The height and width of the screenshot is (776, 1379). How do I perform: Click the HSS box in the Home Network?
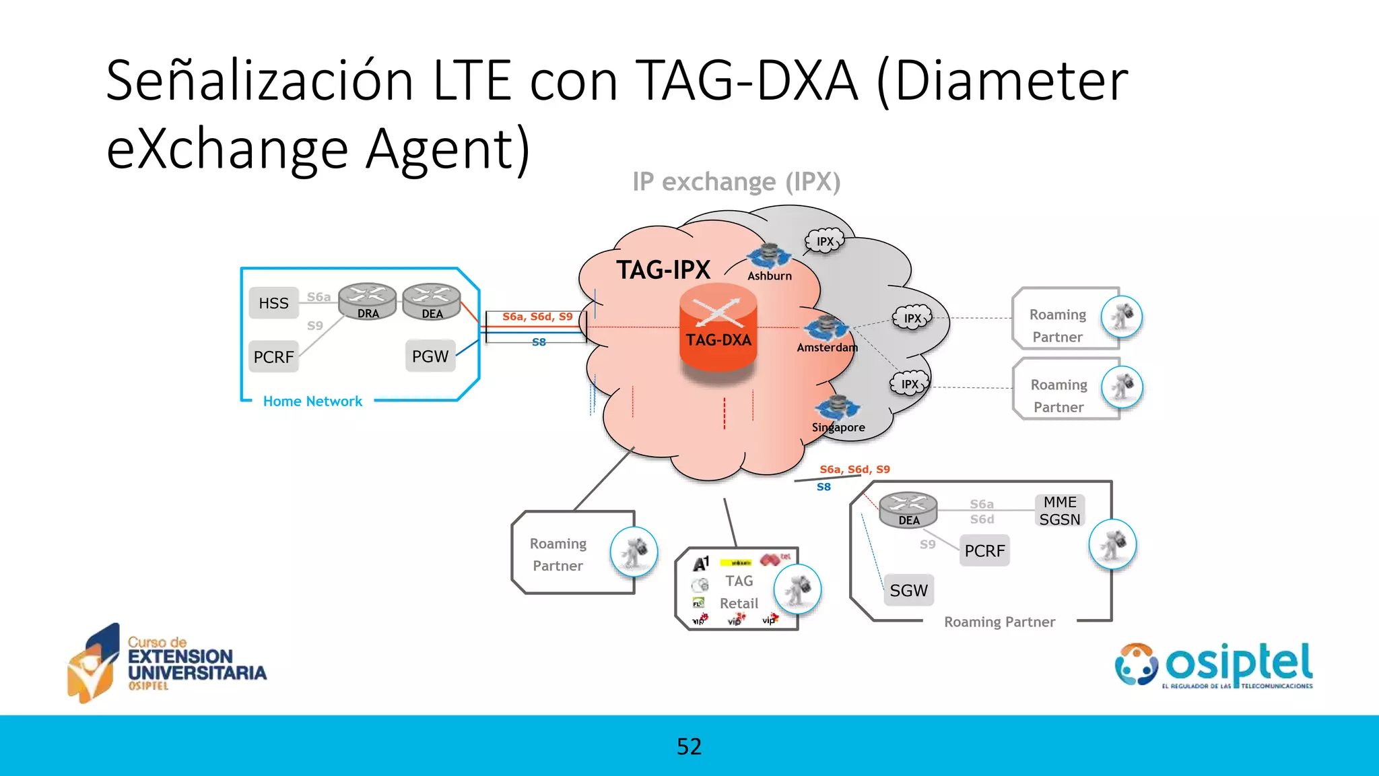[273, 303]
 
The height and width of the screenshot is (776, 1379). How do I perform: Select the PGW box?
[430, 356]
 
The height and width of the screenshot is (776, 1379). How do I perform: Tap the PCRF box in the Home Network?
[273, 356]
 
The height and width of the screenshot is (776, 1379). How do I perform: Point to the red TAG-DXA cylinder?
[718, 330]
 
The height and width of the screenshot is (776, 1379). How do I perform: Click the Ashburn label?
[770, 276]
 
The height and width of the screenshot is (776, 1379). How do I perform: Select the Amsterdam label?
[827, 348]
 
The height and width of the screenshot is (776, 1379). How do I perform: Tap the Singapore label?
[838, 427]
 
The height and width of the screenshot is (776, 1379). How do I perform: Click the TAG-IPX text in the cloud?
[663, 270]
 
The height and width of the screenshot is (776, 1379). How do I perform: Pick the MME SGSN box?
[1059, 511]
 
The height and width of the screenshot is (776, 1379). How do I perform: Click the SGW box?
[908, 591]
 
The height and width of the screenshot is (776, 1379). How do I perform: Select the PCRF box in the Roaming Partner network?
[984, 551]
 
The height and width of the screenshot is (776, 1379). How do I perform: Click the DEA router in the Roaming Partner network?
[908, 509]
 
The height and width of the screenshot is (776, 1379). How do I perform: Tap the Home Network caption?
[312, 401]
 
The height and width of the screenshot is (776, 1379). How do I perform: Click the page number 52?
[689, 746]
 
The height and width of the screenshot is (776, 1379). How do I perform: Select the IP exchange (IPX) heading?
[736, 182]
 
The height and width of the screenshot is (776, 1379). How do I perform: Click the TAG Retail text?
[739, 592]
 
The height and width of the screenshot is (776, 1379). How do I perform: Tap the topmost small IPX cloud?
[825, 241]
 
